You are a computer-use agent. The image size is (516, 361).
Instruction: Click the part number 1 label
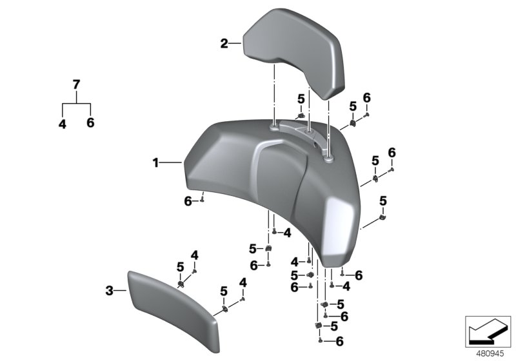[155, 164]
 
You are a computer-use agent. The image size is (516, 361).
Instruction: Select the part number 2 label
[224, 44]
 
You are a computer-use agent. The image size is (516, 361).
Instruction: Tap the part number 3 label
[109, 292]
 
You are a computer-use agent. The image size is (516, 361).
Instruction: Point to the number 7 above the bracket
[76, 84]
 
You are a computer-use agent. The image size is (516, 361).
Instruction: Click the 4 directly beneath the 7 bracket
[63, 124]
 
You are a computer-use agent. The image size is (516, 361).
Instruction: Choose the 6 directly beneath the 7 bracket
[90, 122]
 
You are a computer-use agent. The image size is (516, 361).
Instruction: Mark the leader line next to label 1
[172, 164]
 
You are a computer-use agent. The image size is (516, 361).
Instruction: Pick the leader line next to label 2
[235, 44]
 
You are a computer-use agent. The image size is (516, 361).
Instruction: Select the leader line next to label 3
[120, 292]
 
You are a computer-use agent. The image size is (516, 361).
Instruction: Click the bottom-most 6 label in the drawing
[339, 341]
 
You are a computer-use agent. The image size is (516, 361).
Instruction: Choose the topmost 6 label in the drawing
[366, 97]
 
